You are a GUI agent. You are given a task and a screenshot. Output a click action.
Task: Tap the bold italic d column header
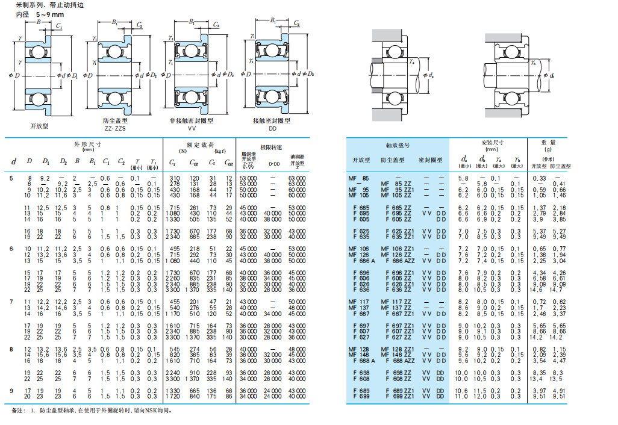pyautogui.click(x=13, y=161)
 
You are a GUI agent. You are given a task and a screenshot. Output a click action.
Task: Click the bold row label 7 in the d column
pyautogui.click(x=11, y=300)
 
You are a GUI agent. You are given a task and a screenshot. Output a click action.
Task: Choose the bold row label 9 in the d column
pyautogui.click(x=11, y=391)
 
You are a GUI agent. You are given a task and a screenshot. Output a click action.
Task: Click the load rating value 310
pyautogui.click(x=175, y=178)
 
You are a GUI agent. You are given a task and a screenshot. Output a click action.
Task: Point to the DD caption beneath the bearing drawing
pyautogui.click(x=272, y=128)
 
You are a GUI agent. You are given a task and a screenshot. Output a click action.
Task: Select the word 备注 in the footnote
pyautogui.click(x=19, y=411)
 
